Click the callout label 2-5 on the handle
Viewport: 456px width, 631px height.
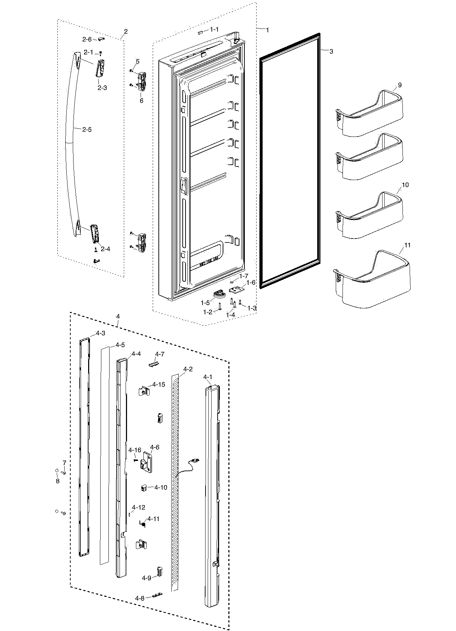pyautogui.click(x=87, y=130)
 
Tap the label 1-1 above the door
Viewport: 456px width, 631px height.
pyautogui.click(x=214, y=29)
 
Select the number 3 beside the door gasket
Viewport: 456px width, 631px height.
pyautogui.click(x=331, y=52)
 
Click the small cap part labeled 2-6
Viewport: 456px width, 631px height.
pyautogui.click(x=101, y=39)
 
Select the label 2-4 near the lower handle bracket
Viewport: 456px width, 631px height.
pyautogui.click(x=105, y=249)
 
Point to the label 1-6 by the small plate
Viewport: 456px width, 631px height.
pyautogui.click(x=251, y=282)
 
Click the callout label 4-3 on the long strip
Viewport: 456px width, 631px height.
pyautogui.click(x=100, y=333)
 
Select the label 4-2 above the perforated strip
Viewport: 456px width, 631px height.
pyautogui.click(x=188, y=369)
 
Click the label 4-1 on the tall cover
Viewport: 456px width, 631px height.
pyautogui.click(x=208, y=377)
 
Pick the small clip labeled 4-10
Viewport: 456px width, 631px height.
pyautogui.click(x=144, y=487)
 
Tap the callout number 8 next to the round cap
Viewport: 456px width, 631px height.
pyautogui.click(x=57, y=481)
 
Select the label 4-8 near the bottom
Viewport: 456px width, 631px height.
pyautogui.click(x=140, y=598)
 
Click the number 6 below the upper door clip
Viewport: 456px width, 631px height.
pyautogui.click(x=141, y=101)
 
